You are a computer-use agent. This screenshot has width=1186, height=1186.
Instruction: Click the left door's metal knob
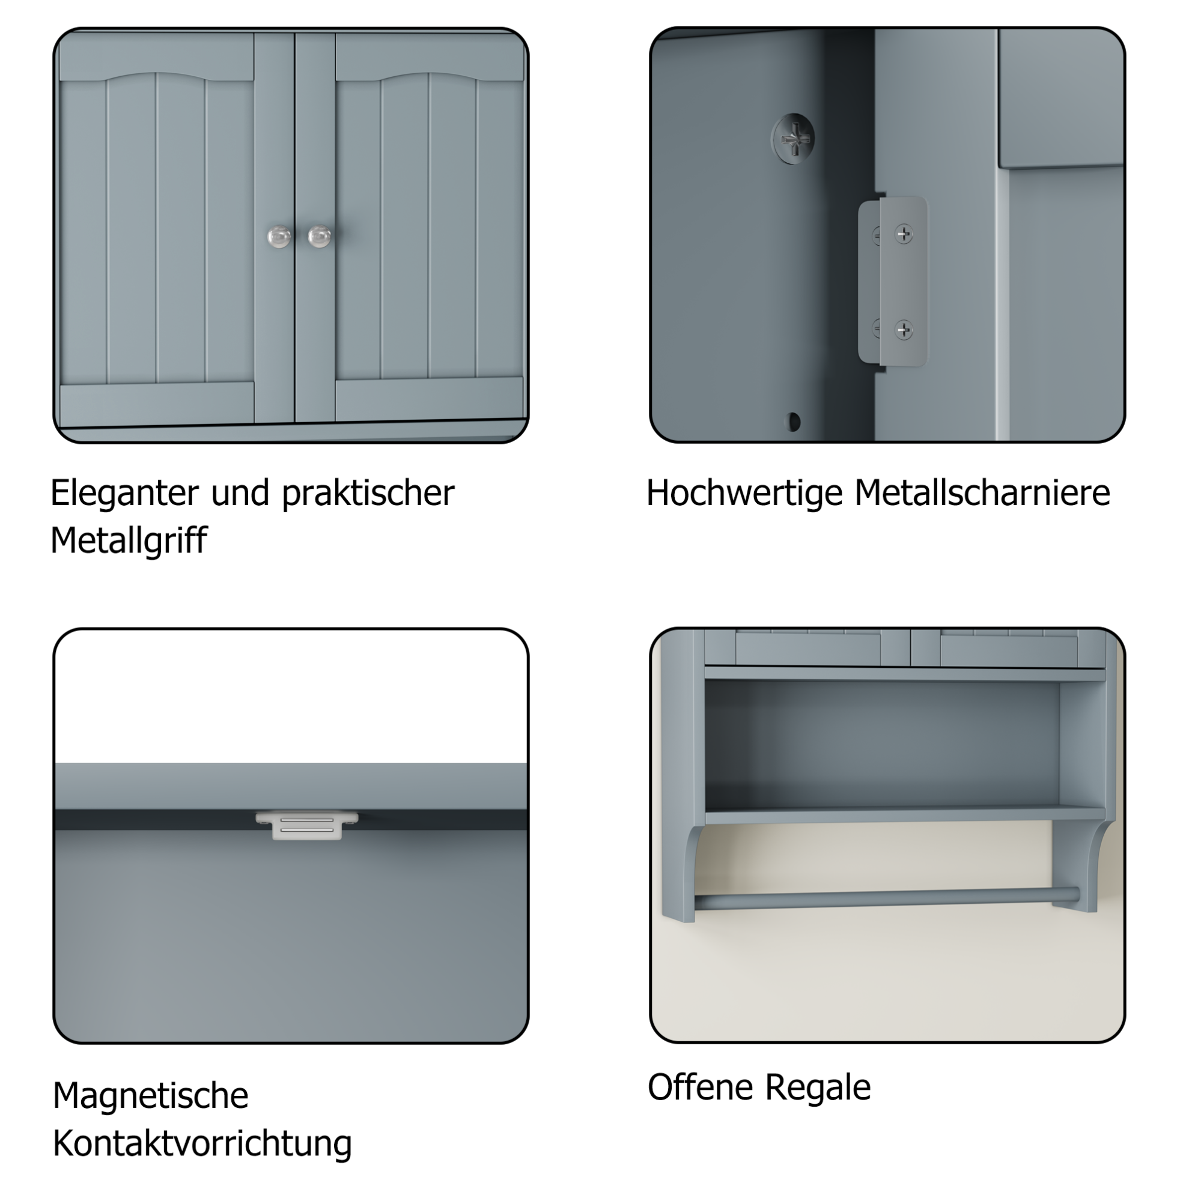(x=279, y=237)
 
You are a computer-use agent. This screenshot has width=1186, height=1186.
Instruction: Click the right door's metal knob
(x=319, y=237)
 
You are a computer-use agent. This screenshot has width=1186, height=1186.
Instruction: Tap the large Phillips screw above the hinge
(x=793, y=138)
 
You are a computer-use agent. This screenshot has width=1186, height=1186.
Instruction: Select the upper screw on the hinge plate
(x=904, y=234)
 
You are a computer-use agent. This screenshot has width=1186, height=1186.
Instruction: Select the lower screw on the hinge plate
(x=904, y=330)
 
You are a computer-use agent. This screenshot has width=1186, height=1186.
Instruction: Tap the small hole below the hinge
(x=793, y=422)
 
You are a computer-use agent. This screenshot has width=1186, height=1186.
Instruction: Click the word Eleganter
(x=126, y=494)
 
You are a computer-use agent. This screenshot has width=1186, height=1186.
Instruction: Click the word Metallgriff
(x=129, y=540)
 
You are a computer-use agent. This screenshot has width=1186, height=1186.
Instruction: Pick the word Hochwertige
(x=744, y=494)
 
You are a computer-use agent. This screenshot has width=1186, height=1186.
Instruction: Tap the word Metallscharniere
(x=982, y=492)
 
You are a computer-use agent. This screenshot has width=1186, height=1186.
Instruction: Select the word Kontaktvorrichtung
(x=202, y=1143)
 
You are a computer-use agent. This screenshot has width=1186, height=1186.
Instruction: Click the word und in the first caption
(x=240, y=493)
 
